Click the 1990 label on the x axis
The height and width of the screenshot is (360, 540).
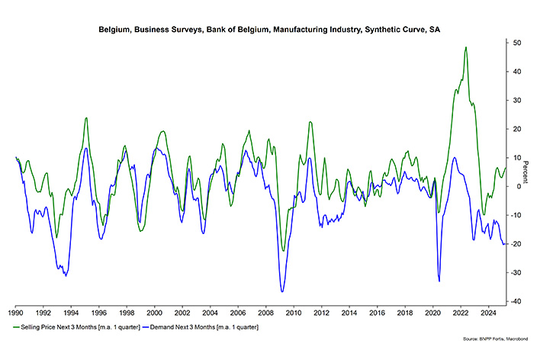[x=16, y=313]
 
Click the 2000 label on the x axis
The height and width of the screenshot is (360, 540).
[x=154, y=313]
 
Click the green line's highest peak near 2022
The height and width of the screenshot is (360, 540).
[x=465, y=47]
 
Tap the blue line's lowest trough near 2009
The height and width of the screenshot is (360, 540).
[x=282, y=291]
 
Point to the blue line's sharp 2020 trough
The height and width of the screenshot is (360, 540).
[x=439, y=281]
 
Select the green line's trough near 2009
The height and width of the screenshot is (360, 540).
[x=283, y=250]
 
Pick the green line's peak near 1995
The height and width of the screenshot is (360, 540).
[x=86, y=117]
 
